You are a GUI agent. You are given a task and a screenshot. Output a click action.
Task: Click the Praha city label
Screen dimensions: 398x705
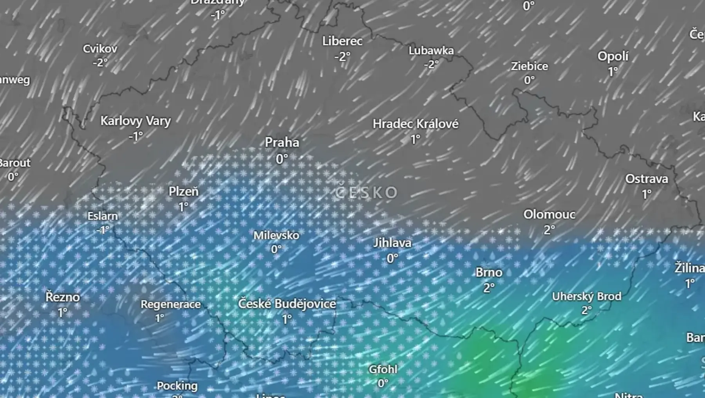282,142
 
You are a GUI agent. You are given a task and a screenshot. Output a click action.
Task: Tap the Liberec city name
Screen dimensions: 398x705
342,41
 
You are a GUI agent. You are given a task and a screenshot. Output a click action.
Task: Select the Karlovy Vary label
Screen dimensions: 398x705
136,121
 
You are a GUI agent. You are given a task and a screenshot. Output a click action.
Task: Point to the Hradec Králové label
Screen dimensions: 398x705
415,124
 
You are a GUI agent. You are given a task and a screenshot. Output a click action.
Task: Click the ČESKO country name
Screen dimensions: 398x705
366,193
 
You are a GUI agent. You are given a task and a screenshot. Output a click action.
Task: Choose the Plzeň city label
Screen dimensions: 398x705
183,192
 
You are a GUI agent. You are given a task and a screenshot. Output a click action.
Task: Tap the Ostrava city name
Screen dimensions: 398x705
646,179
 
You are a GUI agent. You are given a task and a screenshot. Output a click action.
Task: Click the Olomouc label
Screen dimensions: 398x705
549,214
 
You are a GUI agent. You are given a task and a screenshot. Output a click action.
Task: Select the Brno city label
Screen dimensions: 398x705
489,272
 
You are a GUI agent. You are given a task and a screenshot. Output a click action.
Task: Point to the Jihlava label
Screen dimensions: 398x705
392,243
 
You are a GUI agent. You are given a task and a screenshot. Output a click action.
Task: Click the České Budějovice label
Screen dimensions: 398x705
287,304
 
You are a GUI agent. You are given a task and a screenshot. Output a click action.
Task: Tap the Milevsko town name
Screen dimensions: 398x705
276,236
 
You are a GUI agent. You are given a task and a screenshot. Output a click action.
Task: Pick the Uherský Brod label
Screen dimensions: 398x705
586,297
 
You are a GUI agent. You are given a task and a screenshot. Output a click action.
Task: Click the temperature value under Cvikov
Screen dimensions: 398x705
100,63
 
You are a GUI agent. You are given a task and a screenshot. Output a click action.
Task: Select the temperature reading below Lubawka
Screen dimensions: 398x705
431,64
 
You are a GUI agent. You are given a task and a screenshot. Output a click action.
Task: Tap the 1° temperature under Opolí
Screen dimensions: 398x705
613,72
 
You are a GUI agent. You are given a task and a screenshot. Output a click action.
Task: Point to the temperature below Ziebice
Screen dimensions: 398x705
529,80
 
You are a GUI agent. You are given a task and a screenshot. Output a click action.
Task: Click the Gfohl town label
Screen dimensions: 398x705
383,369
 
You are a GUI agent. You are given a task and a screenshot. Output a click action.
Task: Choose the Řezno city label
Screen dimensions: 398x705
63,297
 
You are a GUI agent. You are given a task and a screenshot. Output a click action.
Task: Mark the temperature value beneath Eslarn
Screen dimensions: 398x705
103,230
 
